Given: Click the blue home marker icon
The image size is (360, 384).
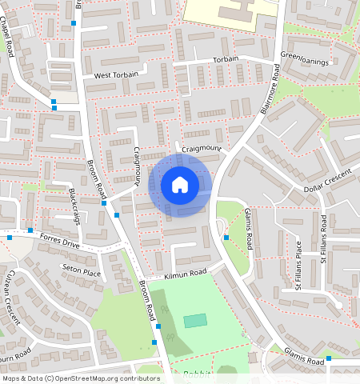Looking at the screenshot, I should (180, 185).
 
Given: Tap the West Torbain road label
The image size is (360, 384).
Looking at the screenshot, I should (116, 75).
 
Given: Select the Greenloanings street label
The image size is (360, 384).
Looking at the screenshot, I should (303, 57).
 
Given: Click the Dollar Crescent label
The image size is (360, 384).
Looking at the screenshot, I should (329, 181).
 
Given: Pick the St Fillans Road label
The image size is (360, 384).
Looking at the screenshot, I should (323, 240).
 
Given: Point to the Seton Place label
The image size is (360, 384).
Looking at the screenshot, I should (81, 273).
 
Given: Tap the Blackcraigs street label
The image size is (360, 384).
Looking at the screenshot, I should (77, 206).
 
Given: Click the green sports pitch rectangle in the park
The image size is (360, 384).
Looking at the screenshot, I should (195, 321).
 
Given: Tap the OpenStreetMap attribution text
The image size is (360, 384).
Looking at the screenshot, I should (81, 378).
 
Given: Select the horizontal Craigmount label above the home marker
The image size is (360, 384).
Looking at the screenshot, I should (201, 149).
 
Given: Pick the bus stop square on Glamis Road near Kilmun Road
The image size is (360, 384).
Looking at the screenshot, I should (226, 237).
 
